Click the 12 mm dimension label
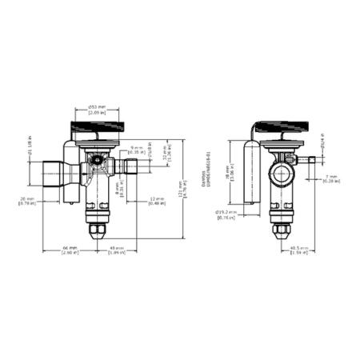pyautogui.click(x=156, y=201)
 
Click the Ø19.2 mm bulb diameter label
pyautogui.click(x=227, y=214)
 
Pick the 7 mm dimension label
pyautogui.click(x=330, y=179)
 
